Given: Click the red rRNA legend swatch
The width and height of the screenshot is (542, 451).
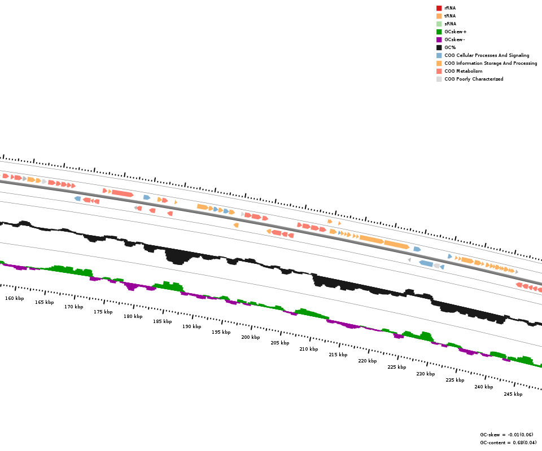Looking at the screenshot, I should tap(439, 8).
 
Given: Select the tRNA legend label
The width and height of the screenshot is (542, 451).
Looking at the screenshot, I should tap(450, 16).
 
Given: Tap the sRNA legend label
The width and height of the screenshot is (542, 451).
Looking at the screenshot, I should tap(450, 24).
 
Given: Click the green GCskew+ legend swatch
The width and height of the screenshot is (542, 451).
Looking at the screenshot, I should tap(439, 32).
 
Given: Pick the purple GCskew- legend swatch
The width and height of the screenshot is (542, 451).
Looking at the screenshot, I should tap(439, 39).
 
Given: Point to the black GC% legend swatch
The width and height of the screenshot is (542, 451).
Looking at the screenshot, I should tap(439, 47).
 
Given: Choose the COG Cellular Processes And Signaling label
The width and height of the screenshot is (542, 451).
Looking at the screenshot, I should tap(487, 55).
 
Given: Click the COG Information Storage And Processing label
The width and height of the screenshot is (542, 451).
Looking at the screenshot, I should tap(491, 63).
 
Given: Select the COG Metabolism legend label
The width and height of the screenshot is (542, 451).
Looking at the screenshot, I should tap(463, 71).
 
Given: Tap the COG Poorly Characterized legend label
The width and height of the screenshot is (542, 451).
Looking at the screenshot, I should tap(474, 79).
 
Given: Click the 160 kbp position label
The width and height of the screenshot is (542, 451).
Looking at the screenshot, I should tap(15, 298).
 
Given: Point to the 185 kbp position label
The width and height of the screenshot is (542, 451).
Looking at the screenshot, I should tap(163, 321).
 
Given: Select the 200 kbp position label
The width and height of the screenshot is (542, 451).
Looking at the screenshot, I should tap(251, 337).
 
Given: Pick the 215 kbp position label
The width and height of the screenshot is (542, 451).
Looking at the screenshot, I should tap(338, 355).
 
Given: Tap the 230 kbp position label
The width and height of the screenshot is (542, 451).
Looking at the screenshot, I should tap(426, 374).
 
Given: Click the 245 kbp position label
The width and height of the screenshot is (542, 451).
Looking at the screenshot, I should tap(513, 394).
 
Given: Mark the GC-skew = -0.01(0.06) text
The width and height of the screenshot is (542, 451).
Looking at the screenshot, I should tap(508, 435).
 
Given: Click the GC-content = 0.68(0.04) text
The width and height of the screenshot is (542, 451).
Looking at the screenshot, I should tap(508, 443).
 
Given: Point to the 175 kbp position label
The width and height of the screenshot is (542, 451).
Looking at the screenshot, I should tap(103, 312).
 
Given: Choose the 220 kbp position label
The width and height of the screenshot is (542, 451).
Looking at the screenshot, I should tap(368, 361).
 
